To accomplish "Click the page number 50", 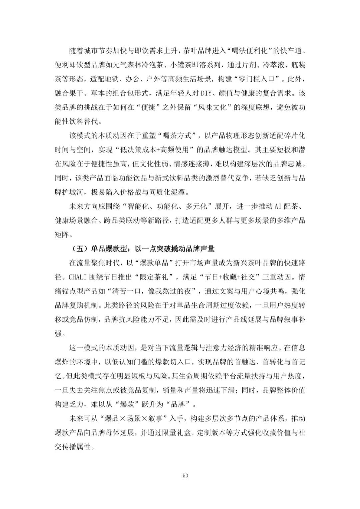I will pos(186,475).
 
